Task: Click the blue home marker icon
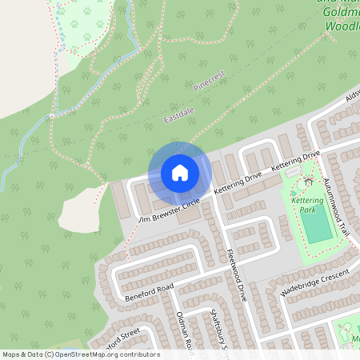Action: click(180, 173)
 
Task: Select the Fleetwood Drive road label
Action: click(235, 273)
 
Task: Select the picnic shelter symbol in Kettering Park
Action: click(308, 182)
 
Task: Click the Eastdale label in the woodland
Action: click(179, 118)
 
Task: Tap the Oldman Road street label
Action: click(185, 332)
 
